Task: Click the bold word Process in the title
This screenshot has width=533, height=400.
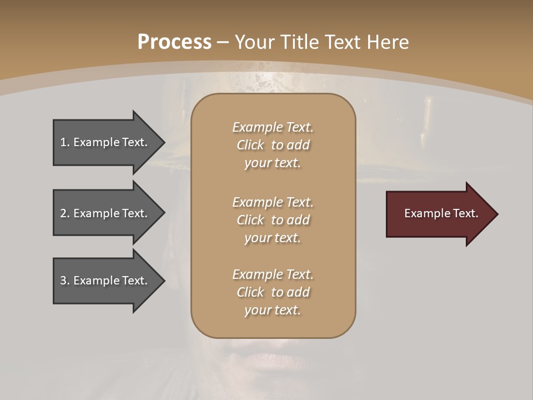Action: pos(174,42)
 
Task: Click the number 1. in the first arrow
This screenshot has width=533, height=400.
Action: pos(65,142)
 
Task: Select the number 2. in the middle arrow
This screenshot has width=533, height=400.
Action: pos(65,213)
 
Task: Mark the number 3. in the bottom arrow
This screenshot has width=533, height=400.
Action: pos(65,281)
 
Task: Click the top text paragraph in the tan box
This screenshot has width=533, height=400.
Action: pos(273,145)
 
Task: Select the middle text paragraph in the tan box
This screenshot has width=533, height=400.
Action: pos(273,220)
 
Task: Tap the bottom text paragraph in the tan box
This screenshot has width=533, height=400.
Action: pos(273,292)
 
